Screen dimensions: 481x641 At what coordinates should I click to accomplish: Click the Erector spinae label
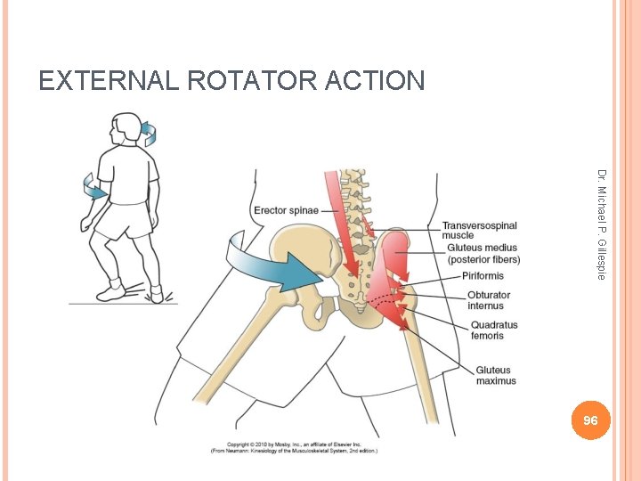pos(286,211)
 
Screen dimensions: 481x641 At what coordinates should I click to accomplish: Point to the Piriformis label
pos(483,276)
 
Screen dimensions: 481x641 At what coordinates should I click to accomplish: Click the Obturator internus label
pos(489,300)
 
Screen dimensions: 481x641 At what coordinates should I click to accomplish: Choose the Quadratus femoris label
pos(494,330)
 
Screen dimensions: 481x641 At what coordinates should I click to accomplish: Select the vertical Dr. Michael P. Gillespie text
pos(602,224)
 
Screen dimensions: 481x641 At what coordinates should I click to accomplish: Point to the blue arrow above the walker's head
pos(149,134)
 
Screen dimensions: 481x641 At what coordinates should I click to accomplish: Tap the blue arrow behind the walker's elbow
pos(93,186)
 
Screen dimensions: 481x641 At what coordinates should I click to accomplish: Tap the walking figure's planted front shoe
pos(109,291)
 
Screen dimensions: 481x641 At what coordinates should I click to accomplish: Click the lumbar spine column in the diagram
pos(357,214)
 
